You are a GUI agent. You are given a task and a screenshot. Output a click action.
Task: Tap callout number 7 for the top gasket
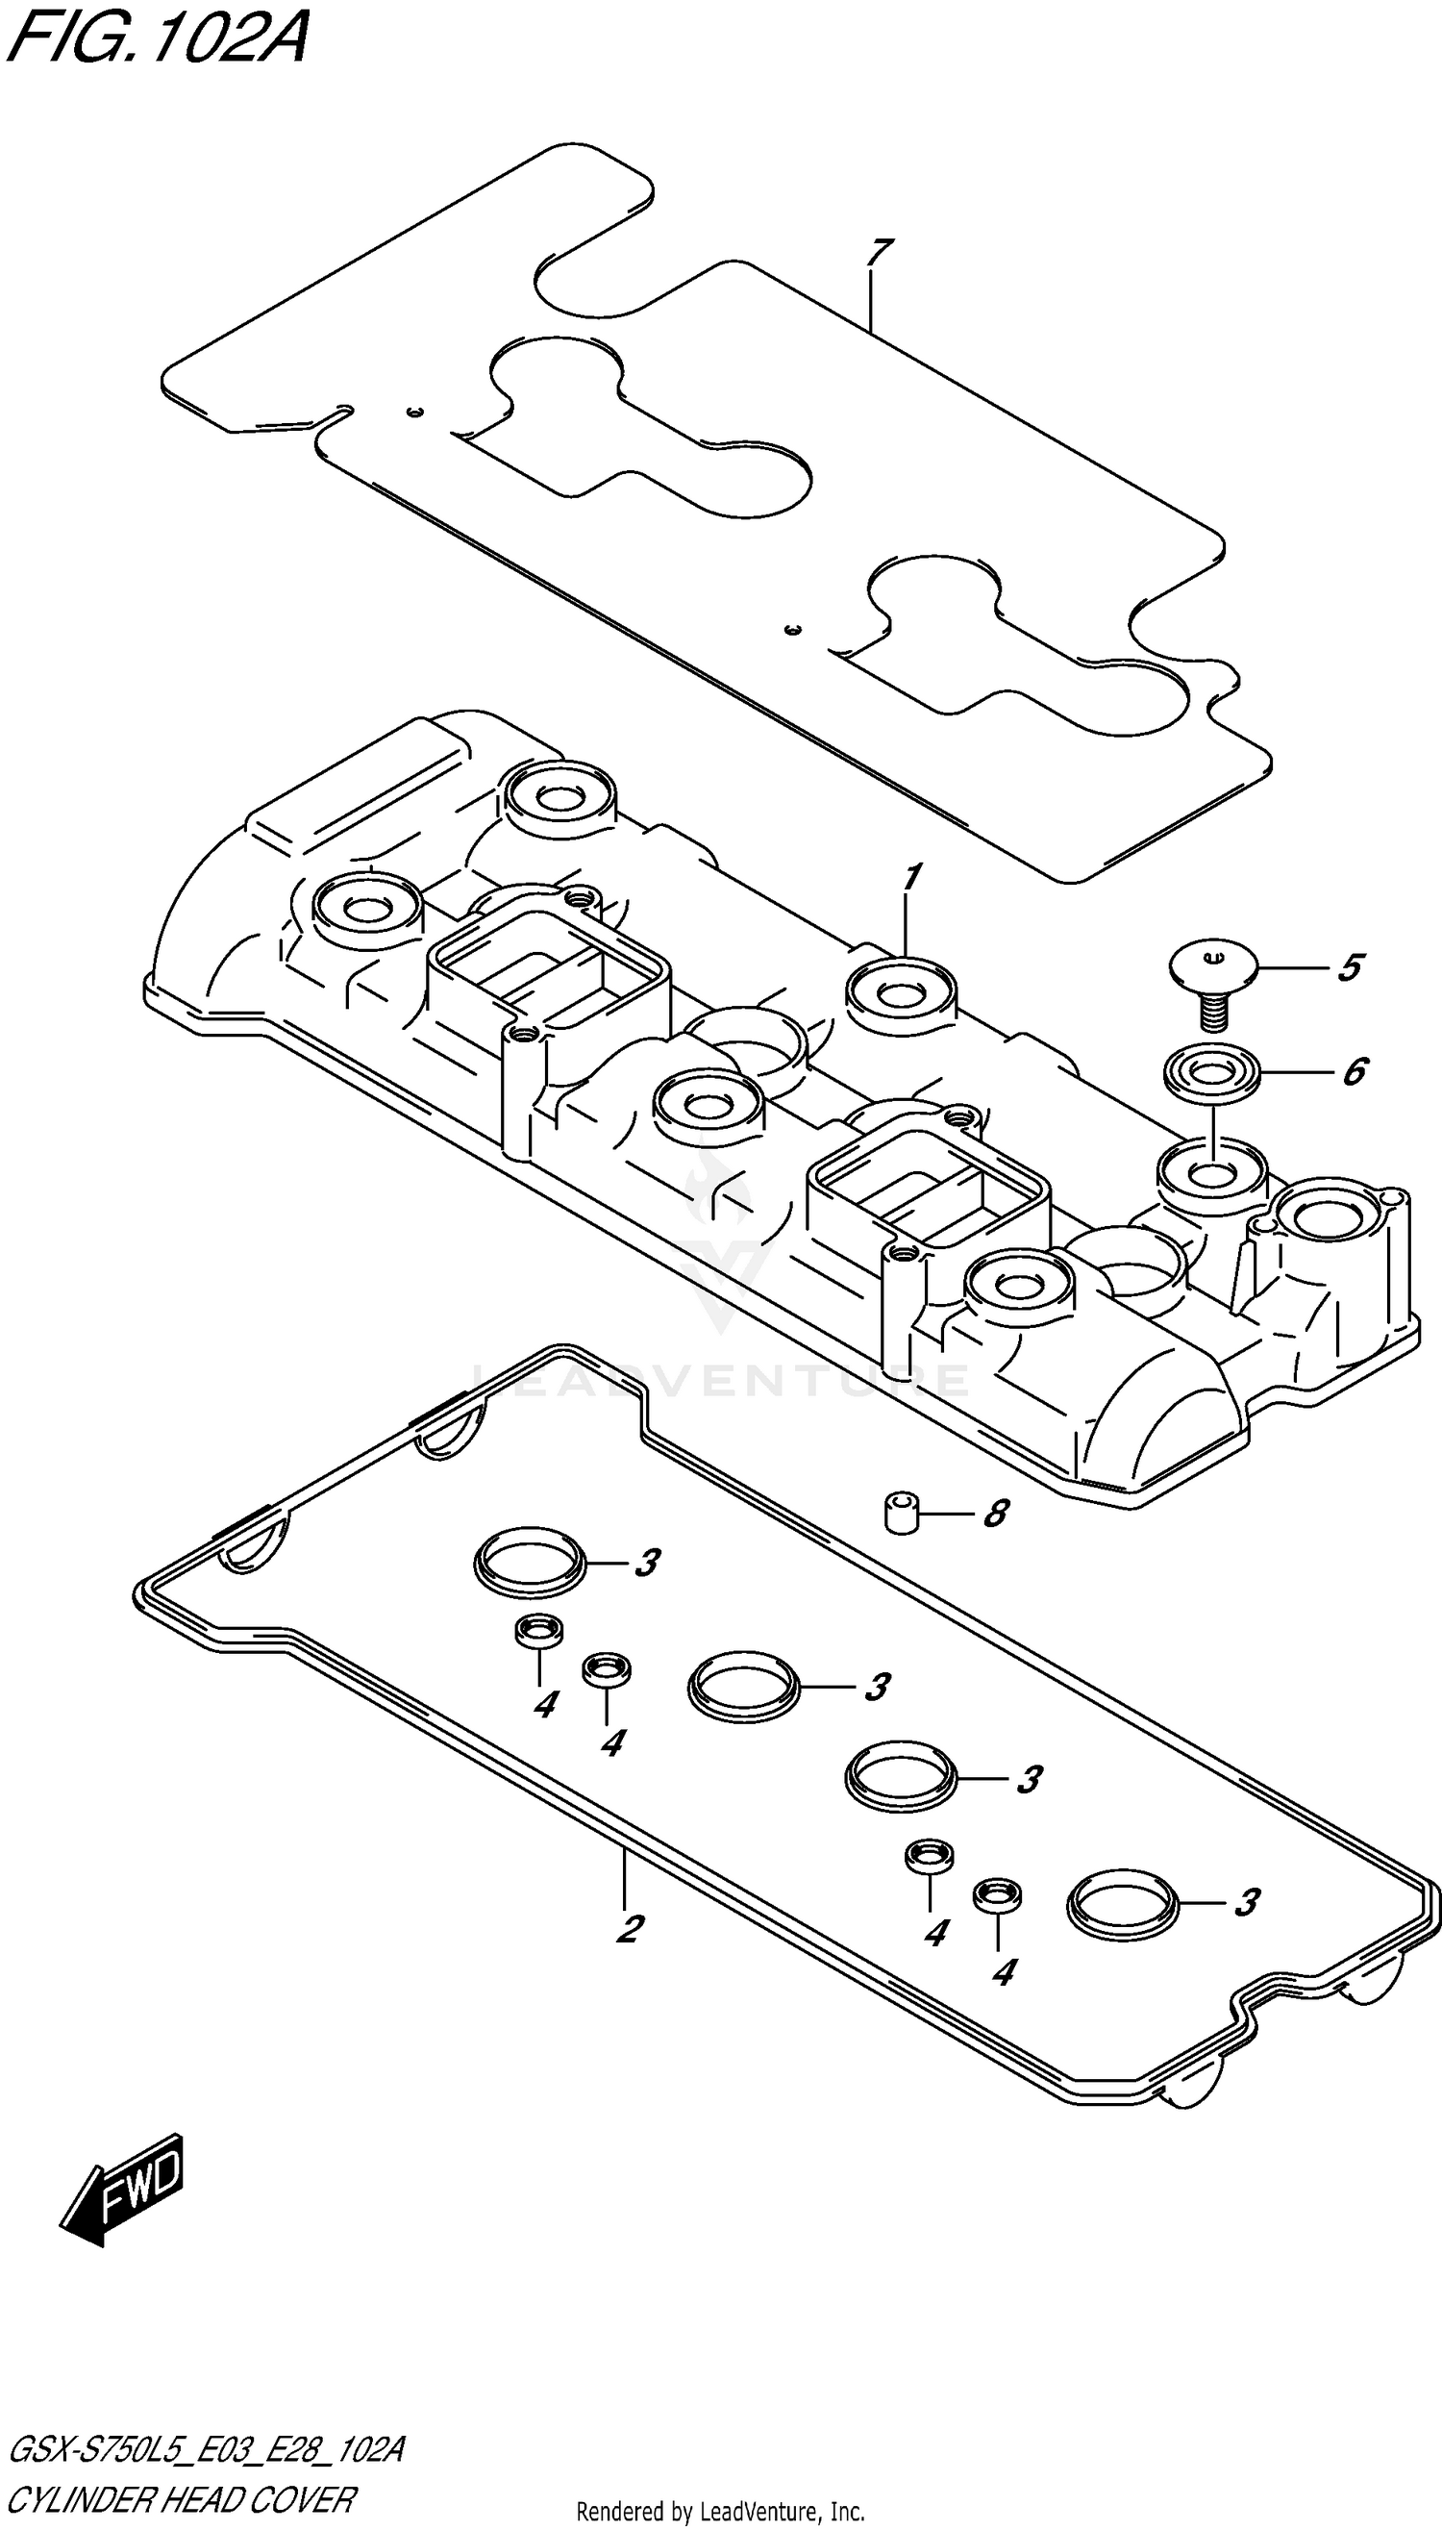(x=878, y=255)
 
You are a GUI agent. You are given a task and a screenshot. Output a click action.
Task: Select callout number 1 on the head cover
(x=911, y=878)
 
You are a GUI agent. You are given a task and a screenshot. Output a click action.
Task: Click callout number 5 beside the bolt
(x=1350, y=967)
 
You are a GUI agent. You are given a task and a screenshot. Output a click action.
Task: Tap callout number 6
(x=1354, y=1072)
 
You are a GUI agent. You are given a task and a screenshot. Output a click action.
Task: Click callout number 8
(x=995, y=1514)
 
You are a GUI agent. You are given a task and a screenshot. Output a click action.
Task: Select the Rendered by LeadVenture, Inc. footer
(x=720, y=2511)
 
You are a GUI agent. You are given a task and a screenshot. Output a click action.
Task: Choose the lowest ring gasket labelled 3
(x=1122, y=1902)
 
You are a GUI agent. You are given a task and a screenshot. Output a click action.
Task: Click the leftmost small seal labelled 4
(x=538, y=1631)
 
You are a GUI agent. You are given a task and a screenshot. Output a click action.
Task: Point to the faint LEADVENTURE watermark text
(x=720, y=1379)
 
